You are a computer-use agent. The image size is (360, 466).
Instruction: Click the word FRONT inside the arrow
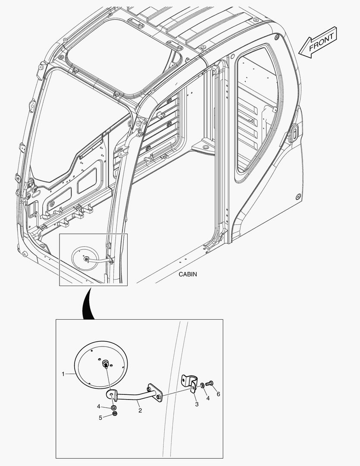tap(321, 41)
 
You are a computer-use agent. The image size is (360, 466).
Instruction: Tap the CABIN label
tap(188, 274)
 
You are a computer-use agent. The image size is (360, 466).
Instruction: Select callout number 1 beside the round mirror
tap(63, 374)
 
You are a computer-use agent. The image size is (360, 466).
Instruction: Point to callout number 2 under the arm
tap(140, 410)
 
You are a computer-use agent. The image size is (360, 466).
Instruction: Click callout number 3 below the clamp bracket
tap(197, 404)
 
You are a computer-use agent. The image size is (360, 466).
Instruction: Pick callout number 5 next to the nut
tap(100, 418)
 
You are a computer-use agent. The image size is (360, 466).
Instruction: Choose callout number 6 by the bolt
tap(218, 394)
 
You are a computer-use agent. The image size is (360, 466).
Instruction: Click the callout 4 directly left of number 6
tap(208, 398)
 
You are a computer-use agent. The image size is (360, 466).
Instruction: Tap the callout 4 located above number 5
tap(99, 406)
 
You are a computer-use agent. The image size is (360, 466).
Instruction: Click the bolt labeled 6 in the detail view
tap(210, 384)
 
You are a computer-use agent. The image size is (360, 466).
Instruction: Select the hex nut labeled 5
tap(115, 414)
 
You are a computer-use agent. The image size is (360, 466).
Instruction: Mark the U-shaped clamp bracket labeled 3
tap(190, 384)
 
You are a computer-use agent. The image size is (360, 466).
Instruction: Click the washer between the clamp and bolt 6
tap(202, 385)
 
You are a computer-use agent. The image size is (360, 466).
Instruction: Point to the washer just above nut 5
tap(114, 407)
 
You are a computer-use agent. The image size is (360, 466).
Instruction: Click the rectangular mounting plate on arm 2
tap(154, 393)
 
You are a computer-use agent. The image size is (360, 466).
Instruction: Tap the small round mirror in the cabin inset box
tap(85, 258)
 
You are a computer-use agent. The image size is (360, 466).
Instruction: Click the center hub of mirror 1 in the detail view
tap(106, 364)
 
